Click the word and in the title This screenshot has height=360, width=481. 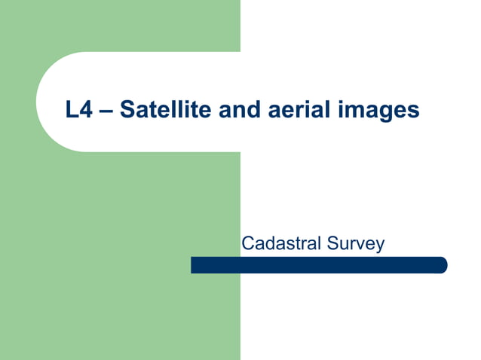pyautogui.click(x=238, y=110)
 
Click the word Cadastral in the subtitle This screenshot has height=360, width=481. pyautogui.click(x=281, y=243)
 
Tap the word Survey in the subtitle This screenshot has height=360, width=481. pyautogui.click(x=356, y=244)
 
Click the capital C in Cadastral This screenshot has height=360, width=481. pyautogui.click(x=247, y=243)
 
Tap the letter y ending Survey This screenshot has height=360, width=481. pyautogui.click(x=380, y=246)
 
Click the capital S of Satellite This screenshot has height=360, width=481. pyautogui.click(x=127, y=110)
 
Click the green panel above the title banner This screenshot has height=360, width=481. pyautogui.click(x=121, y=26)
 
